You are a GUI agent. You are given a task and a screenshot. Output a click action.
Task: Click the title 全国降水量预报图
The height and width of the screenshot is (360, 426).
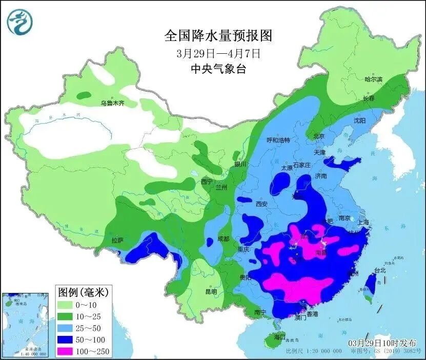pyautogui.click(x=218, y=36)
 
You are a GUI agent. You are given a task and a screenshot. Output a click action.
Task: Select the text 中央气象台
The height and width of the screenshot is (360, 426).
pyautogui.click(x=218, y=69)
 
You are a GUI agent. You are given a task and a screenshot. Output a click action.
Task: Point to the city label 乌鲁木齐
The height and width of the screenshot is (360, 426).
pyautogui.click(x=112, y=103)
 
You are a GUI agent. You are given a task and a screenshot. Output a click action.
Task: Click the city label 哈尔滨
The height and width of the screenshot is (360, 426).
pyautogui.click(x=373, y=79)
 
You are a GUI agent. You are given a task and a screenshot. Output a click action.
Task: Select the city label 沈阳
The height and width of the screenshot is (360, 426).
pyautogui.click(x=359, y=121)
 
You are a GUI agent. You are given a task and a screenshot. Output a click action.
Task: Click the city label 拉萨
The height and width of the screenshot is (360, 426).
pyautogui.click(x=117, y=240)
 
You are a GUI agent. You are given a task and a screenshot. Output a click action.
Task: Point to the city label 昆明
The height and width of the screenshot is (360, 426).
pyautogui.click(x=211, y=291)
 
